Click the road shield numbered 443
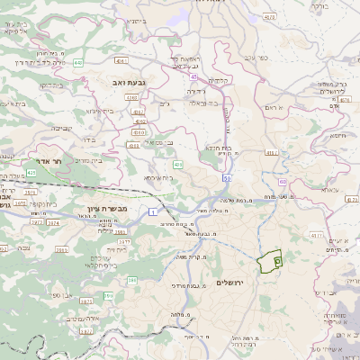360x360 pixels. [x=78, y=63]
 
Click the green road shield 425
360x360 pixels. [x=31, y=171]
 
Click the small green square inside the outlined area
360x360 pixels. [x=276, y=260]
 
